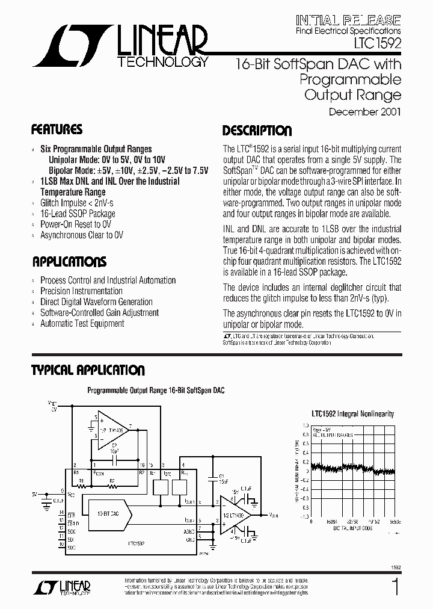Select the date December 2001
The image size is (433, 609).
pos(364,111)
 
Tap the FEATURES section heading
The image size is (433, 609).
pos(57,129)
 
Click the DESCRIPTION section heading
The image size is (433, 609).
pos(257,131)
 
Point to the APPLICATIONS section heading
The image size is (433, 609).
pos(69,262)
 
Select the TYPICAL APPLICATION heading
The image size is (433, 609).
pos(88,371)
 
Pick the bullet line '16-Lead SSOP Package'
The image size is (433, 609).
pos(78,214)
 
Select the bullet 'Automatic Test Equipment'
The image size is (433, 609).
pos(82,324)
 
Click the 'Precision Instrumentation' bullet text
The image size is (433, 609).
pos(81,291)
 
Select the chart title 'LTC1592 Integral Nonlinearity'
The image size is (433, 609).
pos(352,414)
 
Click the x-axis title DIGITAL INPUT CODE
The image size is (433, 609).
pos(353,527)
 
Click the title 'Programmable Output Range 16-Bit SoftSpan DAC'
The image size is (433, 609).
pos(156,391)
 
